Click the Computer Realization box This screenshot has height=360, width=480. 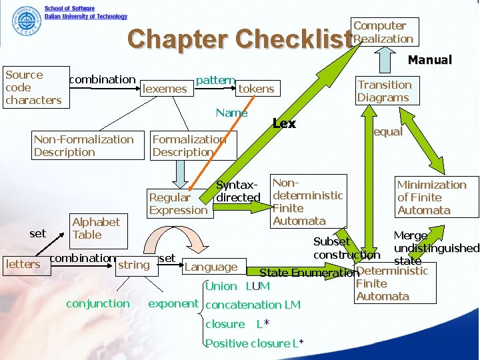(x=385, y=32)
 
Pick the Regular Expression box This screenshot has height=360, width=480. (x=179, y=204)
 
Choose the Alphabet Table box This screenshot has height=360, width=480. (x=97, y=229)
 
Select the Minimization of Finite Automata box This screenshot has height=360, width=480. (x=435, y=197)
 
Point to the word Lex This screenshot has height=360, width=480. (x=285, y=124)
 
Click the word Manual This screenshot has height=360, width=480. (x=430, y=60)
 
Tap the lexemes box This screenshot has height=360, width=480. (x=165, y=89)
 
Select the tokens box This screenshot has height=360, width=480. (x=257, y=89)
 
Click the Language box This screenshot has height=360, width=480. (x=213, y=267)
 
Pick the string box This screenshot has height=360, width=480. (x=135, y=265)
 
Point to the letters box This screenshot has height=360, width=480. (x=23, y=265)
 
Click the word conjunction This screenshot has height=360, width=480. (x=98, y=303)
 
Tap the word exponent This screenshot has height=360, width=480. (x=173, y=303)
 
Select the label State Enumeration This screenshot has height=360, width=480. (x=308, y=273)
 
